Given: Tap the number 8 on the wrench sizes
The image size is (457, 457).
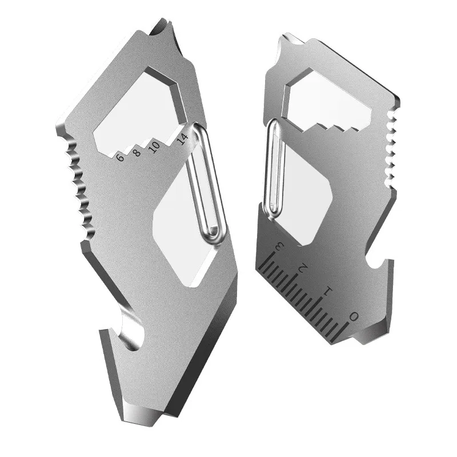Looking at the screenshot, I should pos(136,153).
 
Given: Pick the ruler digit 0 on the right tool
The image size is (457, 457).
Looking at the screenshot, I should pos(354,316).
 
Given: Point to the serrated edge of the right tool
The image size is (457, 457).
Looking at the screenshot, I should pos(391,149).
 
